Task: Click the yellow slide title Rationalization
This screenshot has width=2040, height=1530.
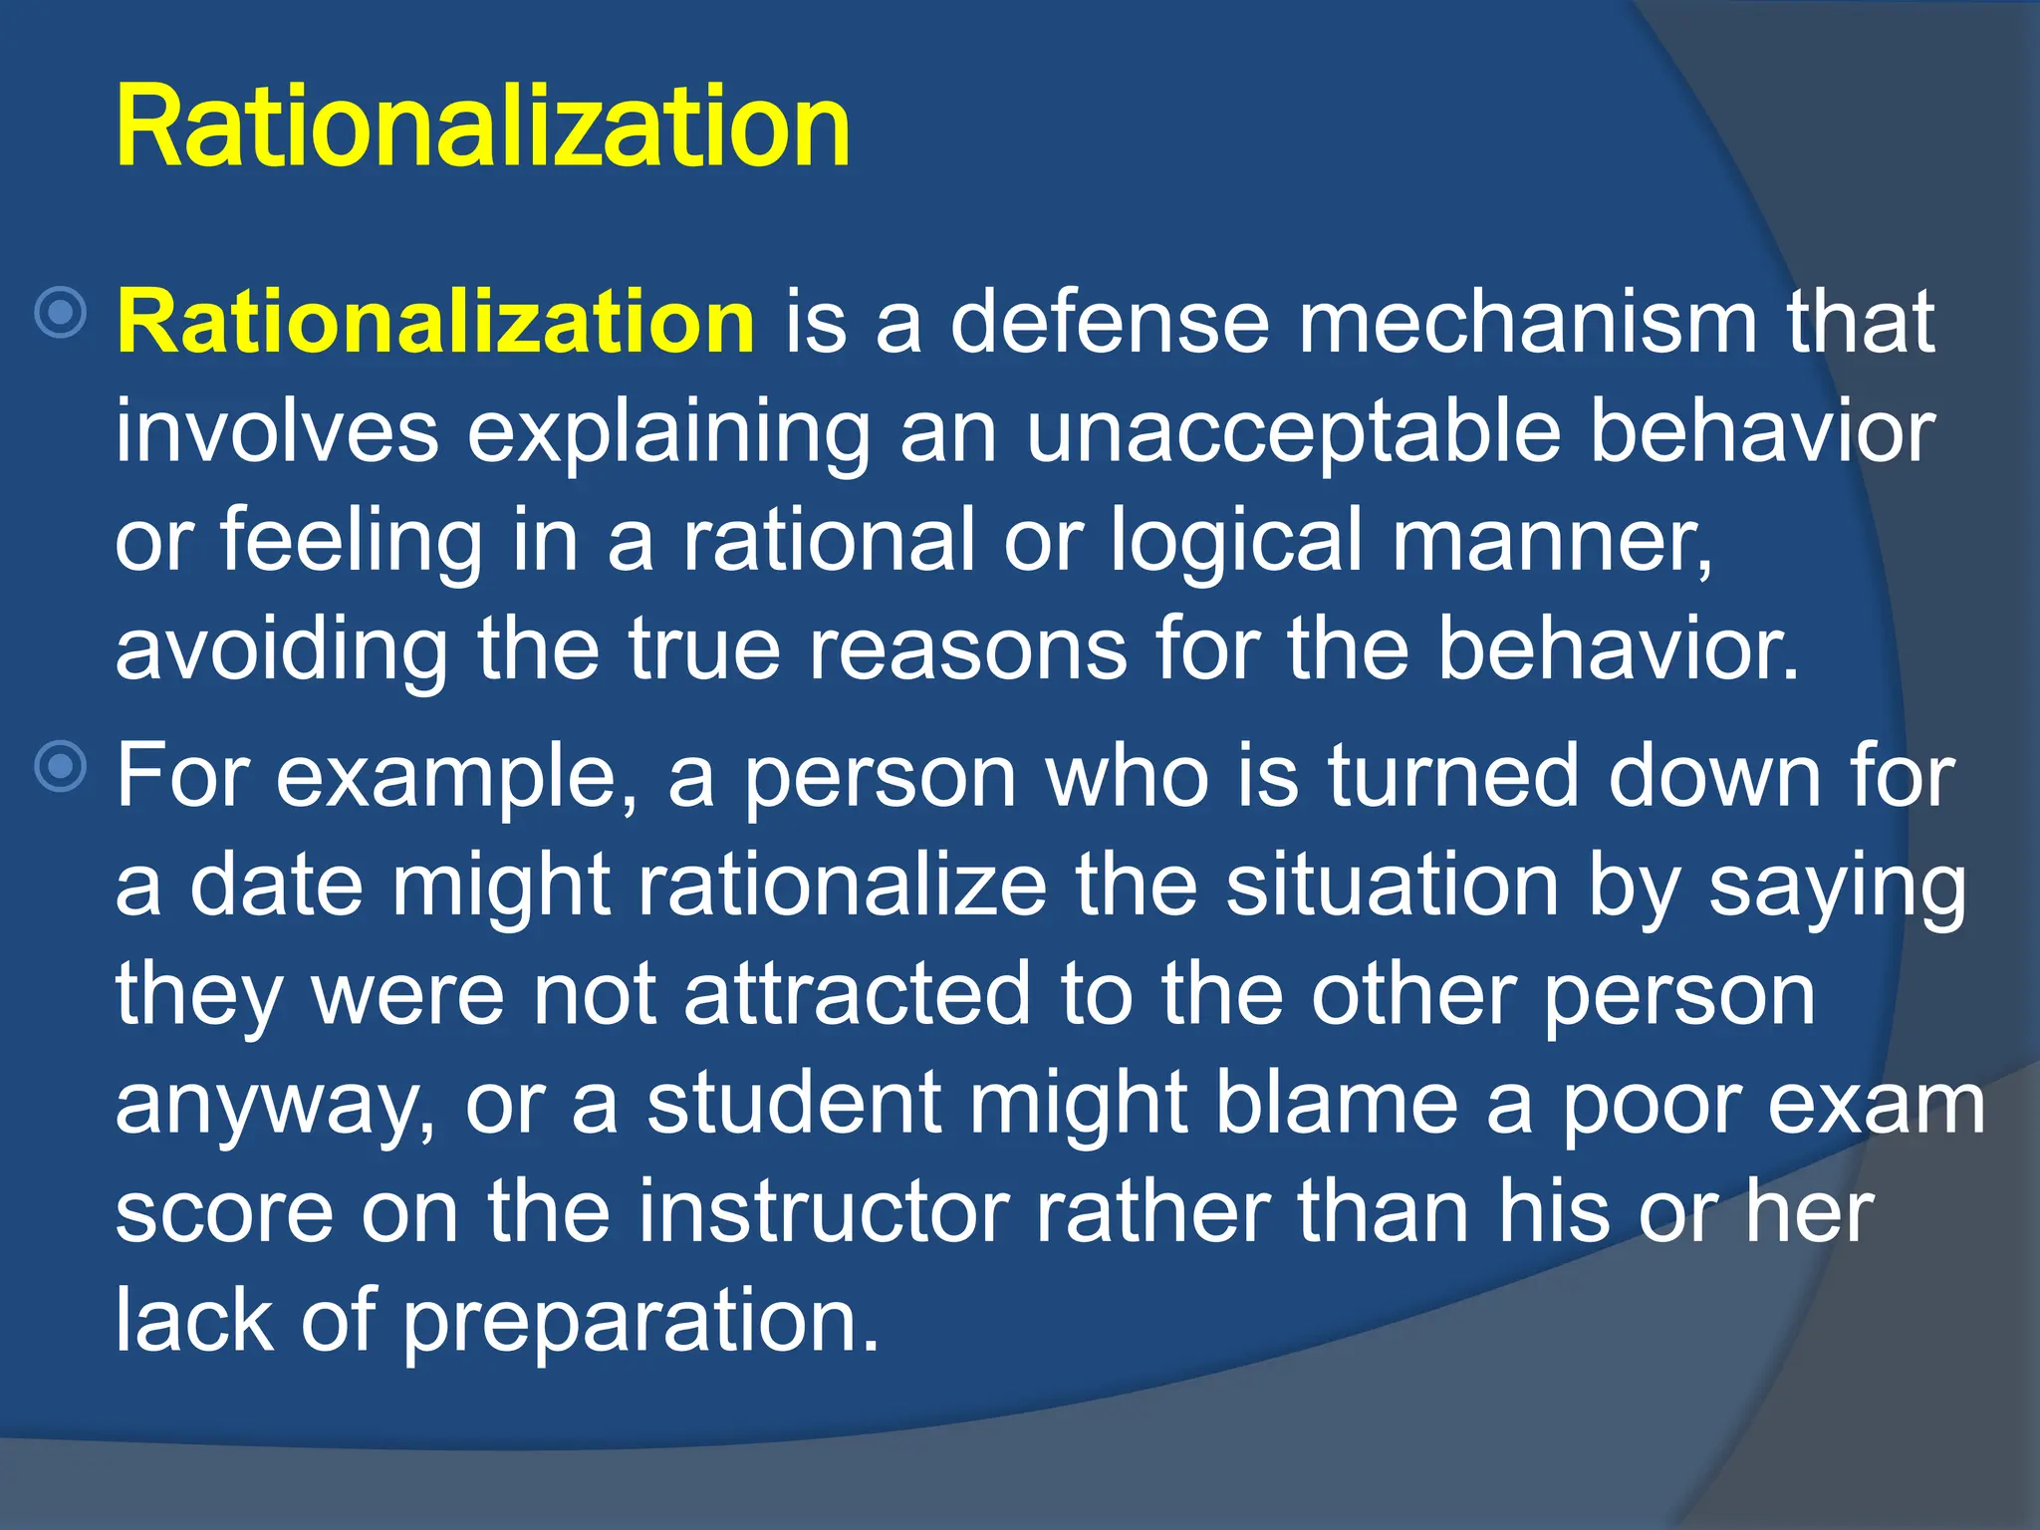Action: [483, 127]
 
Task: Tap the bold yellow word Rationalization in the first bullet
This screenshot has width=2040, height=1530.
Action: [435, 321]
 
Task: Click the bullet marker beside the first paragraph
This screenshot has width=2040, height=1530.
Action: [61, 313]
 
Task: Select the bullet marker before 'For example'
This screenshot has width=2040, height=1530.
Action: [61, 766]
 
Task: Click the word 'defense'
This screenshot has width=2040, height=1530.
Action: [1109, 321]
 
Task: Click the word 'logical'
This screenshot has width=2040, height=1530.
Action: [1234, 540]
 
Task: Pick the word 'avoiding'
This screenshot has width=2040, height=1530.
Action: [281, 649]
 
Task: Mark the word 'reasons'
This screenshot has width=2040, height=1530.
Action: [967, 649]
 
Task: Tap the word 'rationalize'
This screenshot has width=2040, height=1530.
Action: [842, 885]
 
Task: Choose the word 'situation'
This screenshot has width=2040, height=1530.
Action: [1392, 885]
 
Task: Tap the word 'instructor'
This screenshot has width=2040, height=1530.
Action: [824, 1211]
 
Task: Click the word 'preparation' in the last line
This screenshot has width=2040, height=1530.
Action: [640, 1321]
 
